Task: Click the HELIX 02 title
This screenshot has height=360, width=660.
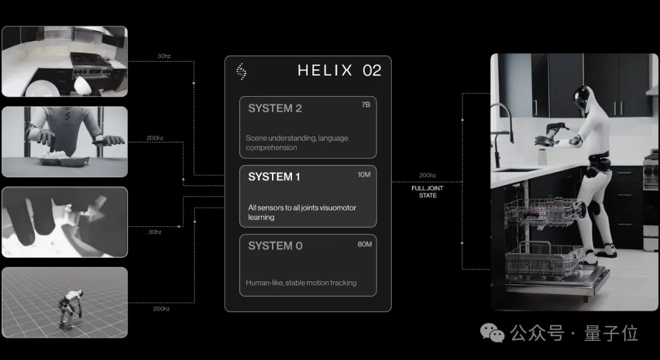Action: pyautogui.click(x=339, y=70)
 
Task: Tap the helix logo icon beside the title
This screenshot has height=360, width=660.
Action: pyautogui.click(x=241, y=72)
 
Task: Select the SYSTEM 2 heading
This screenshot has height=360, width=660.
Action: pyautogui.click(x=275, y=108)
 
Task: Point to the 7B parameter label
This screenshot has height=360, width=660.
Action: pyautogui.click(x=366, y=105)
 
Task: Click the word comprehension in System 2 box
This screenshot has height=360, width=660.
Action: pyautogui.click(x=271, y=148)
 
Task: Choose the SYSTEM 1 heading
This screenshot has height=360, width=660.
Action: pyautogui.click(x=274, y=177)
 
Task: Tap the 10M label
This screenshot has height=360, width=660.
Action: pyautogui.click(x=364, y=174)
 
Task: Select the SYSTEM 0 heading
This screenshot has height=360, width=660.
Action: pyautogui.click(x=275, y=246)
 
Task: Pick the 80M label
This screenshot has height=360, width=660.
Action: pyautogui.click(x=364, y=244)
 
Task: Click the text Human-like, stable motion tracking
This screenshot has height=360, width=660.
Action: pyautogui.click(x=301, y=283)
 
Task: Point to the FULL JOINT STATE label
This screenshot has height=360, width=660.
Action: pyautogui.click(x=427, y=191)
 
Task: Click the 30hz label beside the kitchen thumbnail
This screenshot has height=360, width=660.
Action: pyautogui.click(x=164, y=56)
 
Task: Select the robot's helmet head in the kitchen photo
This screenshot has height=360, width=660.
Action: pyautogui.click(x=582, y=98)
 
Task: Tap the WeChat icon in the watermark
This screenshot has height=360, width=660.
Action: pyautogui.click(x=492, y=333)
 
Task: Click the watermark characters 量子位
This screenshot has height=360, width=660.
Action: pyautogui.click(x=610, y=333)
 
